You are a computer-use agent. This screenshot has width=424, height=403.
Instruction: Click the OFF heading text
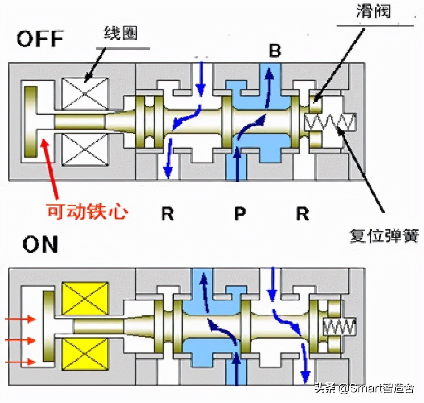[40, 39]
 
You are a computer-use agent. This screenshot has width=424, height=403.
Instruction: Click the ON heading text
[40, 244]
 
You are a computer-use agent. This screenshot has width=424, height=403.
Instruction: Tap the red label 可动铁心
[87, 211]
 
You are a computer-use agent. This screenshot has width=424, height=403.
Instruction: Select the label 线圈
[121, 33]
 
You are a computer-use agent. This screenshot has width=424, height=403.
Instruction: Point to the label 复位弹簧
[384, 236]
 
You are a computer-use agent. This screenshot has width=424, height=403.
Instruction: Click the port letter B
[275, 51]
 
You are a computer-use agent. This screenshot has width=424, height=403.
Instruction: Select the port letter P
[240, 214]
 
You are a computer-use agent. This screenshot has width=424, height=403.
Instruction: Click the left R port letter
[168, 214]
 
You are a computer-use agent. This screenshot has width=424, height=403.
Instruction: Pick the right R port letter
[303, 214]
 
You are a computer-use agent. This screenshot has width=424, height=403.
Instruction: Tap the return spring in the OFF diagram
[329, 122]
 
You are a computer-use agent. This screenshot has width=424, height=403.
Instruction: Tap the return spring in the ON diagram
[339, 327]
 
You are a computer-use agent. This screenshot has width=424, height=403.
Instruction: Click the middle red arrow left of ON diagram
[21, 341]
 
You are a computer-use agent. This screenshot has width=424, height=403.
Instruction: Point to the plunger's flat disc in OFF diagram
[31, 122]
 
